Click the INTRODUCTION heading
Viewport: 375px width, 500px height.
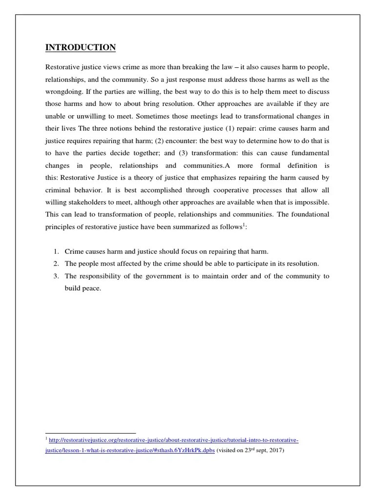[x=81, y=47]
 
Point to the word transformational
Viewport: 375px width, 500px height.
[x=266, y=116]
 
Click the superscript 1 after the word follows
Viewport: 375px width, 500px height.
[x=244, y=225]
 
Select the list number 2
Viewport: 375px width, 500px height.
[x=56, y=264]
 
